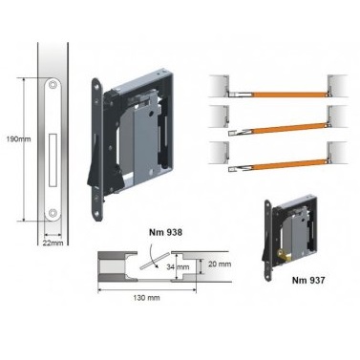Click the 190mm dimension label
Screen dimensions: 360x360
[x=19, y=139]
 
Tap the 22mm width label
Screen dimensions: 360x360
[x=53, y=243]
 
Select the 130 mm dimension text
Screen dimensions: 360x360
[x=146, y=298]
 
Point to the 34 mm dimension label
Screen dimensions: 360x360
[x=178, y=266]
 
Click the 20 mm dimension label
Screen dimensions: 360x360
[x=220, y=264]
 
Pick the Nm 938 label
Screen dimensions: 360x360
[x=166, y=232]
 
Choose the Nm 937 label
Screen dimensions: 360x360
[x=308, y=280]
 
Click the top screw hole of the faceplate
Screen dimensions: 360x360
[x=53, y=85]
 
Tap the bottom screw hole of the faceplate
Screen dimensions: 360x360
[x=53, y=212]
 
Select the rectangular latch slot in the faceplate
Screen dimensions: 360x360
[x=53, y=159]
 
